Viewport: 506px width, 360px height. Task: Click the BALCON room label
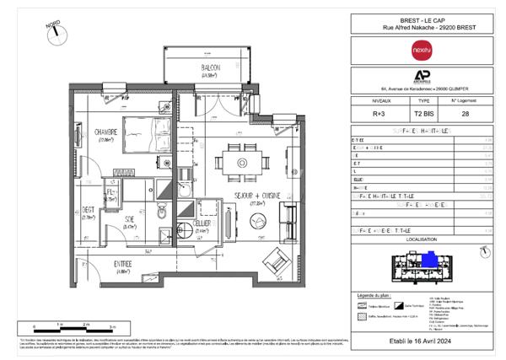(x=210, y=67)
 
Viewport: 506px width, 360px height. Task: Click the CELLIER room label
(x=202, y=224)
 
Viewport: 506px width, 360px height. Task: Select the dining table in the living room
(x=242, y=160)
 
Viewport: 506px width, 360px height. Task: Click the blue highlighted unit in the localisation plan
(x=430, y=259)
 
